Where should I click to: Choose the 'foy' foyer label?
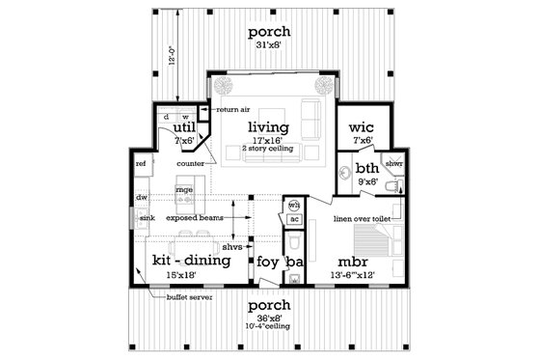(x=266, y=262)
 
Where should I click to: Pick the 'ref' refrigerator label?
(x=141, y=164)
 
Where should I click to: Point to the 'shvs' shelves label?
(x=232, y=246)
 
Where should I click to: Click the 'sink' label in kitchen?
(x=147, y=219)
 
